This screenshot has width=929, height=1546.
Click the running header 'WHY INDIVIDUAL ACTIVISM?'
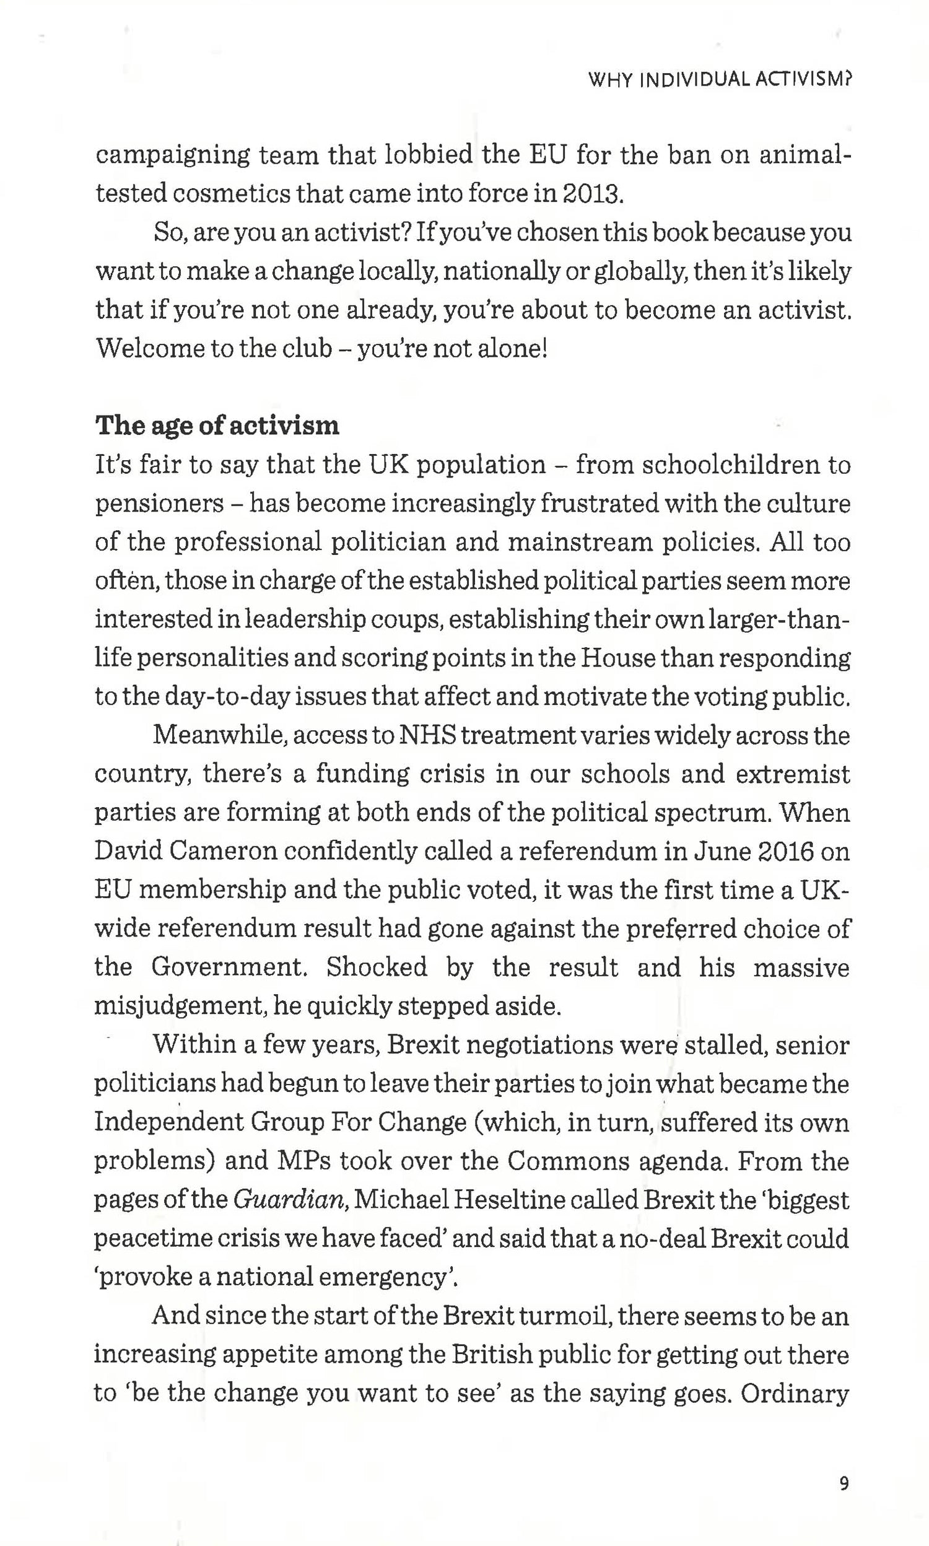coord(720,79)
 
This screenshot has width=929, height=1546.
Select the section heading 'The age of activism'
coord(217,426)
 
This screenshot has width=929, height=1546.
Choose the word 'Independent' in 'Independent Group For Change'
coord(168,1122)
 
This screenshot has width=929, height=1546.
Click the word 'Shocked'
coord(376,967)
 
